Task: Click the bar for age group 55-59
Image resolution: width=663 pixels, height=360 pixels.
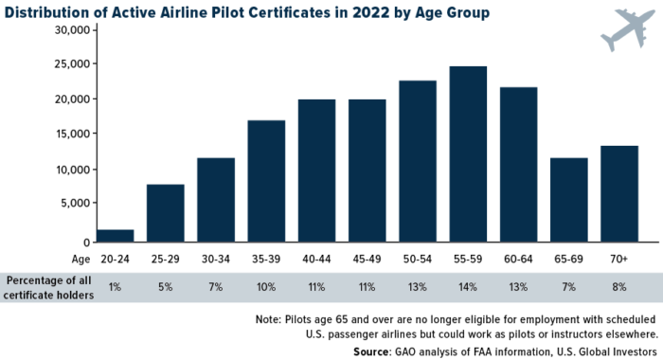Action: (468, 153)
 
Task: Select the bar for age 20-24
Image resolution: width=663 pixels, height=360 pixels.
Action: (115, 235)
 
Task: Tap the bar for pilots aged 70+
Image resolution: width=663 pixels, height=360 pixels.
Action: (619, 193)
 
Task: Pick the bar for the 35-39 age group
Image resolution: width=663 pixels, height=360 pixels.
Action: (266, 180)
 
